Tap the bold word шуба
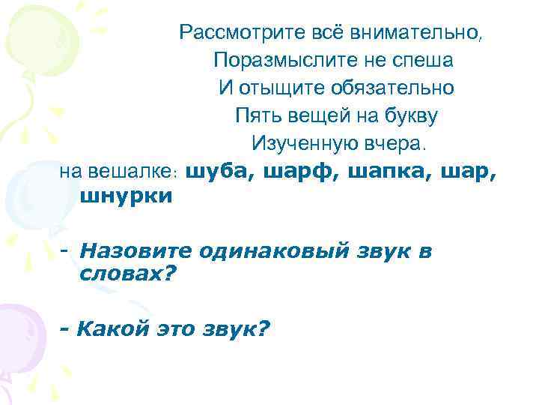point(213,171)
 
